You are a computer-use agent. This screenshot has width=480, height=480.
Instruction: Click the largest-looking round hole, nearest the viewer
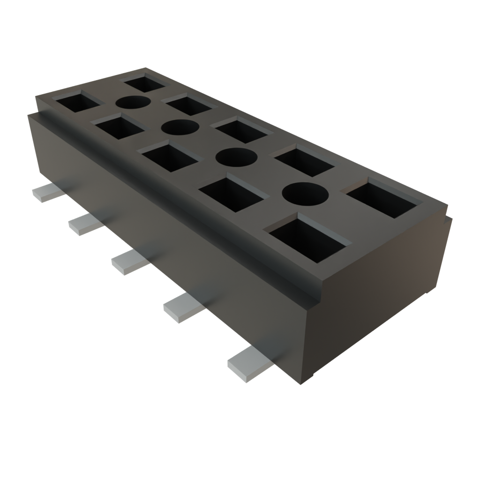pos(305,193)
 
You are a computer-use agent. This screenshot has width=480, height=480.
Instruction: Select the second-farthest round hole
pos(180,127)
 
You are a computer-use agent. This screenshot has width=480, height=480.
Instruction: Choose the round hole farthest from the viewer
pos(133,103)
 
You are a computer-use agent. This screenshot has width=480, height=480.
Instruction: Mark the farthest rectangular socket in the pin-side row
pos(77,102)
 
